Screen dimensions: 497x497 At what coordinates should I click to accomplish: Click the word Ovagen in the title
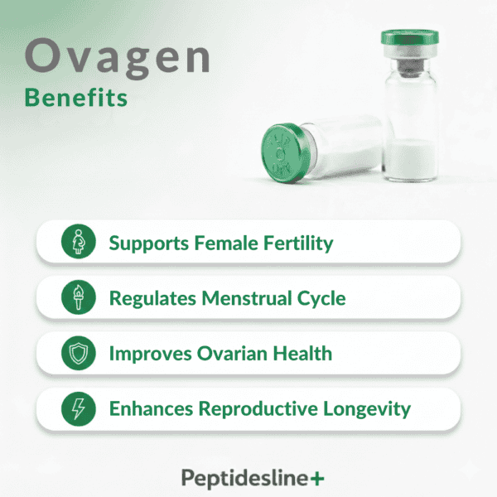coord(117,58)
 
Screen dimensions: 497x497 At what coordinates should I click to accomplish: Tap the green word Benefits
coord(76,97)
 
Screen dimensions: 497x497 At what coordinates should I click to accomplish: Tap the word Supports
coord(146,244)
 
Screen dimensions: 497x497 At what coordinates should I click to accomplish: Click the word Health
coord(303,354)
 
